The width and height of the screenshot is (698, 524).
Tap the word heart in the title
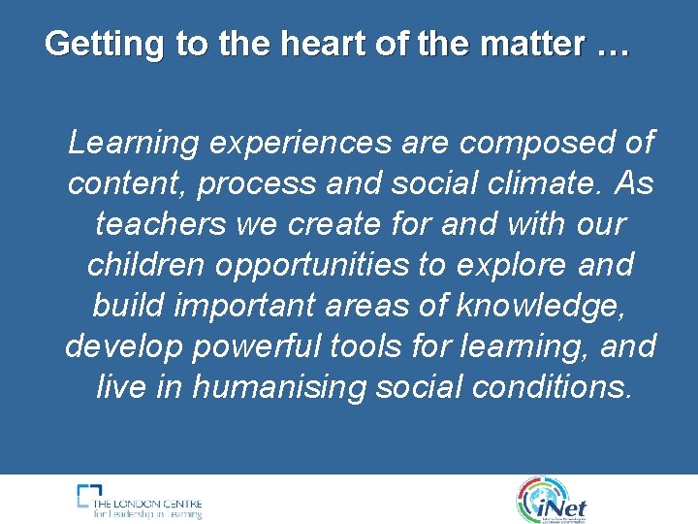(296, 44)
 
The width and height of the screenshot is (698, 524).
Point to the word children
(146, 265)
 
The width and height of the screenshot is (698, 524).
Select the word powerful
(272, 346)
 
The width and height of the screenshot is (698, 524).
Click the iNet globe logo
(553, 499)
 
